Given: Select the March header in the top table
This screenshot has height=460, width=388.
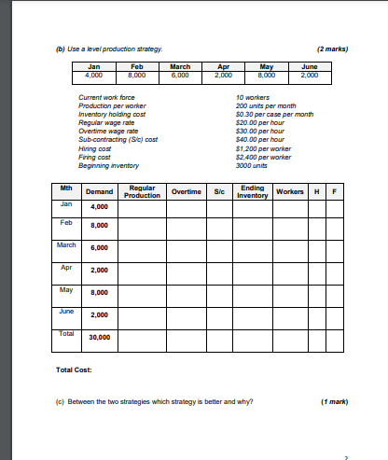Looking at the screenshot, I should point(180,66).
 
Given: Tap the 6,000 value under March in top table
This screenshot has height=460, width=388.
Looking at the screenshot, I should point(180,74).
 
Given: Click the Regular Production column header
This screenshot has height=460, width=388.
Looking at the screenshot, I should point(141,191).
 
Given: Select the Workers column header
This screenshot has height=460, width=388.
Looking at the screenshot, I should point(290,191).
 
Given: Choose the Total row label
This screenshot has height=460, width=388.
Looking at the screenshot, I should point(66,332).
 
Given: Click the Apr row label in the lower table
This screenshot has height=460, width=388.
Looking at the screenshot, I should point(66,267).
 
